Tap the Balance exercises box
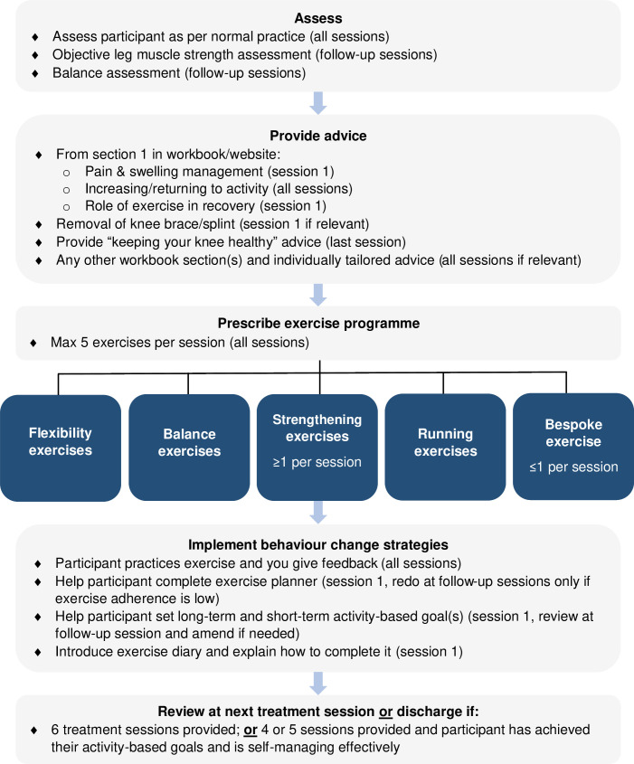(189, 442)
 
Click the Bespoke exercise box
(572, 442)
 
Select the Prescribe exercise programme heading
(317, 323)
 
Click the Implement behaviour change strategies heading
(317, 544)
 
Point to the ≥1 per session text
(317, 463)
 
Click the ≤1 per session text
(572, 467)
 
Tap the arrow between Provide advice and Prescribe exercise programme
(317, 292)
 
